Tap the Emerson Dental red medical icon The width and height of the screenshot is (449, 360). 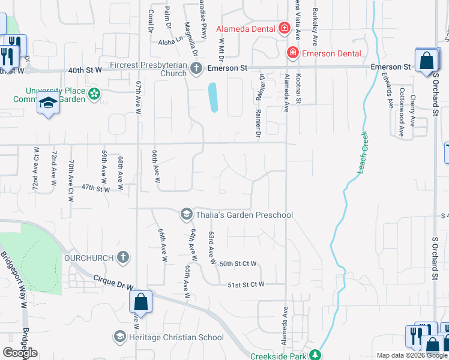(x=293, y=53)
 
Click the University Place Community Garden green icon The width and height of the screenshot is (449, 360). (x=94, y=94)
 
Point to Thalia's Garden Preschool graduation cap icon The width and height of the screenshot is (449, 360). (x=187, y=214)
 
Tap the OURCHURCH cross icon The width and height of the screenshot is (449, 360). (x=122, y=257)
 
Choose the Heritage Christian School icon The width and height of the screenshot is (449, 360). (x=120, y=337)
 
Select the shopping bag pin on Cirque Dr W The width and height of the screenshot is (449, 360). (x=140, y=302)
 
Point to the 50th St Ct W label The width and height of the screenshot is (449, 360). (x=238, y=263)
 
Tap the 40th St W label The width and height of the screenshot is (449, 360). (x=83, y=70)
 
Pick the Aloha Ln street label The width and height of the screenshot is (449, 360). (x=170, y=38)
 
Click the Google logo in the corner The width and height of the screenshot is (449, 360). (x=20, y=353)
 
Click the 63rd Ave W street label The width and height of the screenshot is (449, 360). (x=211, y=248)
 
